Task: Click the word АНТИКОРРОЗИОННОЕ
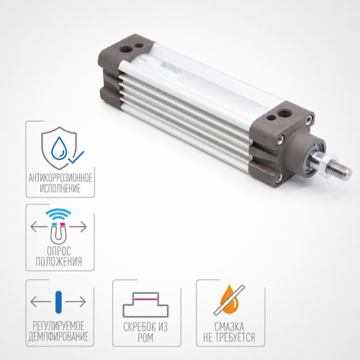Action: click(60, 178)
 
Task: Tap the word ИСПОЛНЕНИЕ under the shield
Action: click(60, 189)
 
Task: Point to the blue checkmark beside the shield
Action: click(76, 157)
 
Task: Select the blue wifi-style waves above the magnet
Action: click(58, 214)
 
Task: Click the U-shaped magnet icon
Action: click(58, 233)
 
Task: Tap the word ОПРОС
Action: click(59, 251)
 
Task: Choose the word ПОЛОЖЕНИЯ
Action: click(59, 261)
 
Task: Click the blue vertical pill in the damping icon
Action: click(58, 302)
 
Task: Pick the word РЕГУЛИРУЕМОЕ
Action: click(58, 326)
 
